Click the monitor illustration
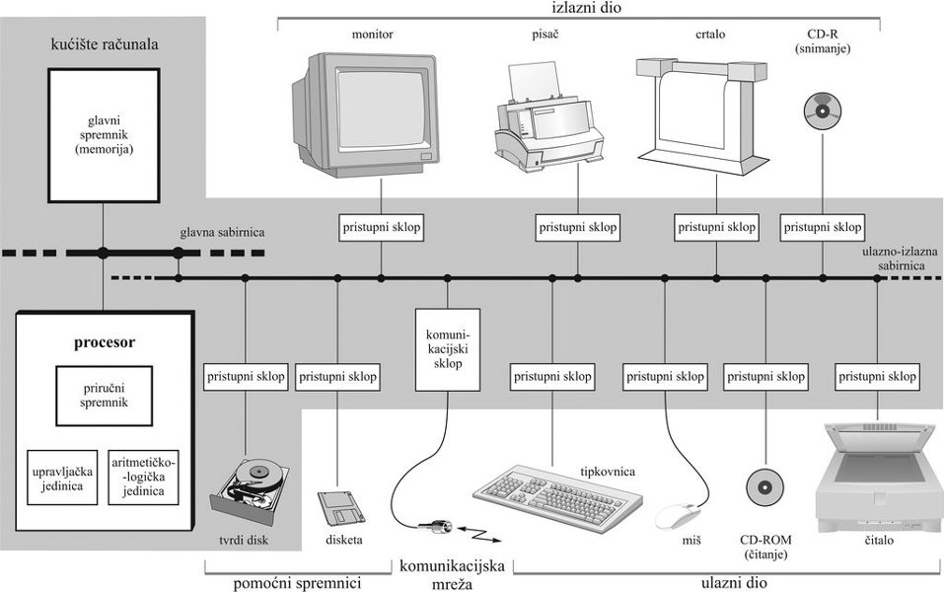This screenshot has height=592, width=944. tap(365, 113)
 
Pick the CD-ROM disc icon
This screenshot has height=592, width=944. tap(765, 485)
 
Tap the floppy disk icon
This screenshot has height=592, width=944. tap(341, 507)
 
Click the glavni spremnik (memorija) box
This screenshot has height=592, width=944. tap(104, 134)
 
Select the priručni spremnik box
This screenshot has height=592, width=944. tap(104, 396)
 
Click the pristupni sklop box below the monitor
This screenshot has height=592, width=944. tap(381, 227)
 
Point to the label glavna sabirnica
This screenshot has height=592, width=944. tap(223, 234)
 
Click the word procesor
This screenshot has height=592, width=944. tap(104, 343)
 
